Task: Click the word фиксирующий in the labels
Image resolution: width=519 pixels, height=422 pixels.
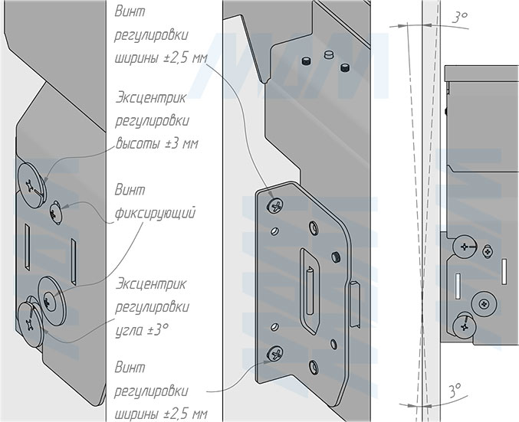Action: click(x=154, y=212)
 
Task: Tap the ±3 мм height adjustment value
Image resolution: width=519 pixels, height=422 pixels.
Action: click(x=179, y=144)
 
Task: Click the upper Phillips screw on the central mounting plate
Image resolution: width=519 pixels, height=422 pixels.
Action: click(x=275, y=205)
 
